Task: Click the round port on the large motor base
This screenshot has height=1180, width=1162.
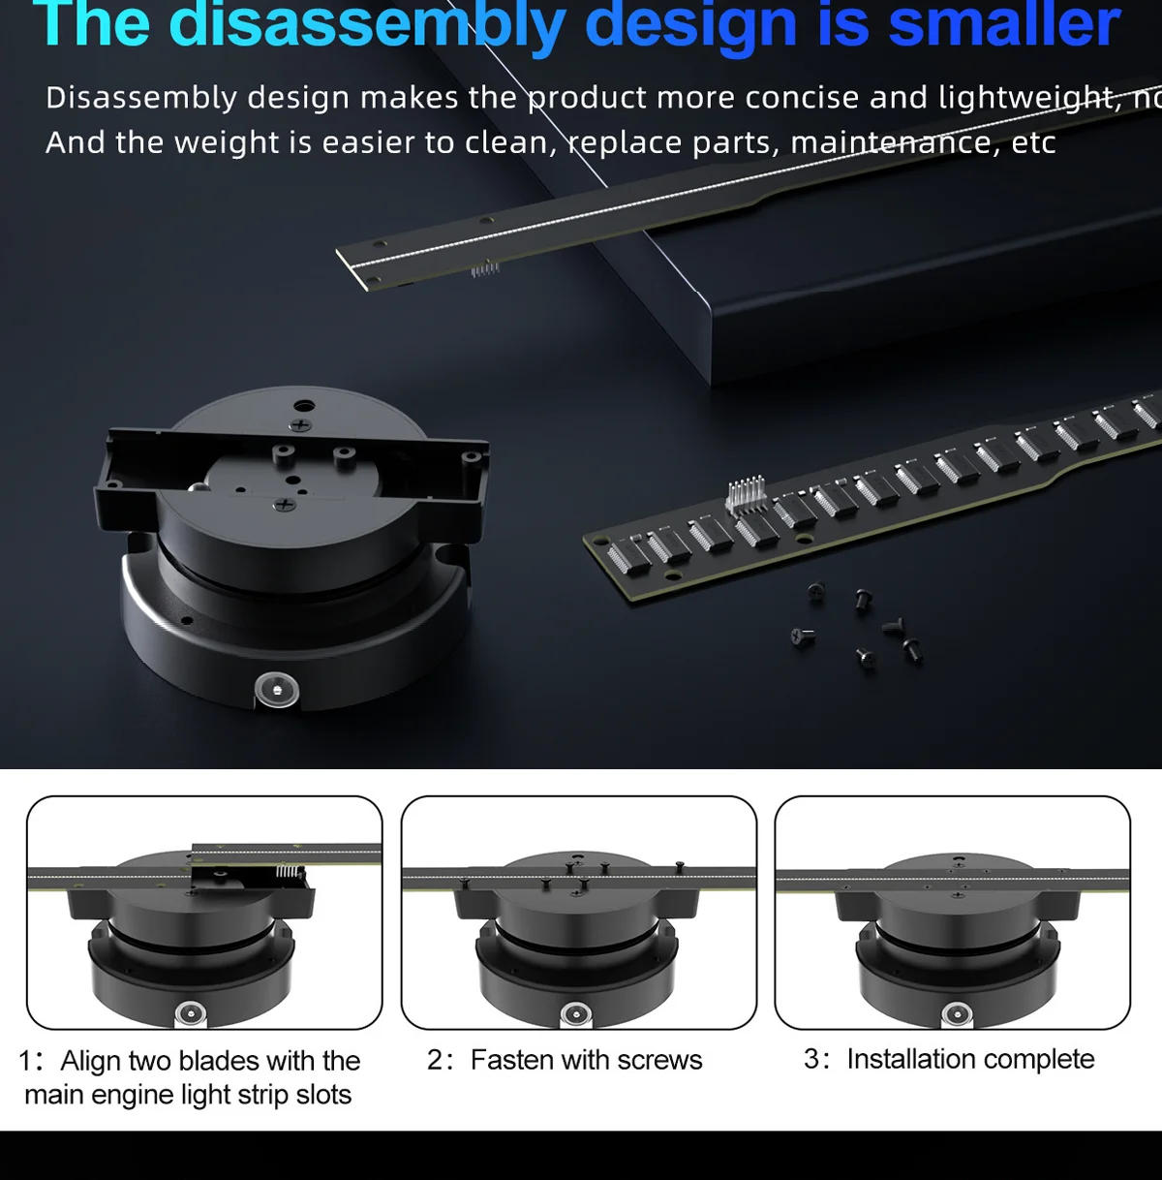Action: coord(276,690)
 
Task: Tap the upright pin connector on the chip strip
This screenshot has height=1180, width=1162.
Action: coord(745,494)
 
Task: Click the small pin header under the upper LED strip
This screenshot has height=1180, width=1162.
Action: coord(485,268)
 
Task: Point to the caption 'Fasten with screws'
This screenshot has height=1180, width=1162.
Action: coord(586,1060)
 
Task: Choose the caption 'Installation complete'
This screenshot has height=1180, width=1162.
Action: coord(970,1059)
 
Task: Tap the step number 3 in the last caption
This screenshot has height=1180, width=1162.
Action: coord(811,1059)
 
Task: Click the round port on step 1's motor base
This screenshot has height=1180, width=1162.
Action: coord(190,1015)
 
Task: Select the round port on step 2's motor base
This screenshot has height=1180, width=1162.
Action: coord(577,1013)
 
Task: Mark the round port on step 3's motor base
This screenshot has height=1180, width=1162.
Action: coord(958,1014)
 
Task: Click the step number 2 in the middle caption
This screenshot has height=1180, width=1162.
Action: coord(436,1060)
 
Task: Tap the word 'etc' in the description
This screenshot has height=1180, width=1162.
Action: coord(1033,142)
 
